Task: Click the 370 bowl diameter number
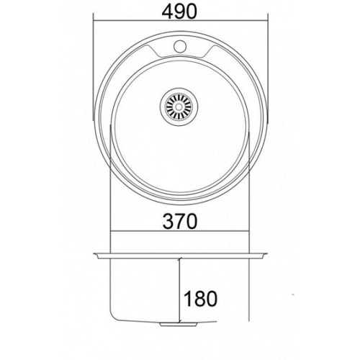pos(180,221)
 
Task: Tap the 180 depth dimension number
pos(200,299)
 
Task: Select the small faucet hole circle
pos(180,46)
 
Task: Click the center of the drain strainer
pos(179,106)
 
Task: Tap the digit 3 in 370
pos(168,221)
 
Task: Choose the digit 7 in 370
pos(180,221)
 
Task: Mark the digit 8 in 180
pos(200,299)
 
